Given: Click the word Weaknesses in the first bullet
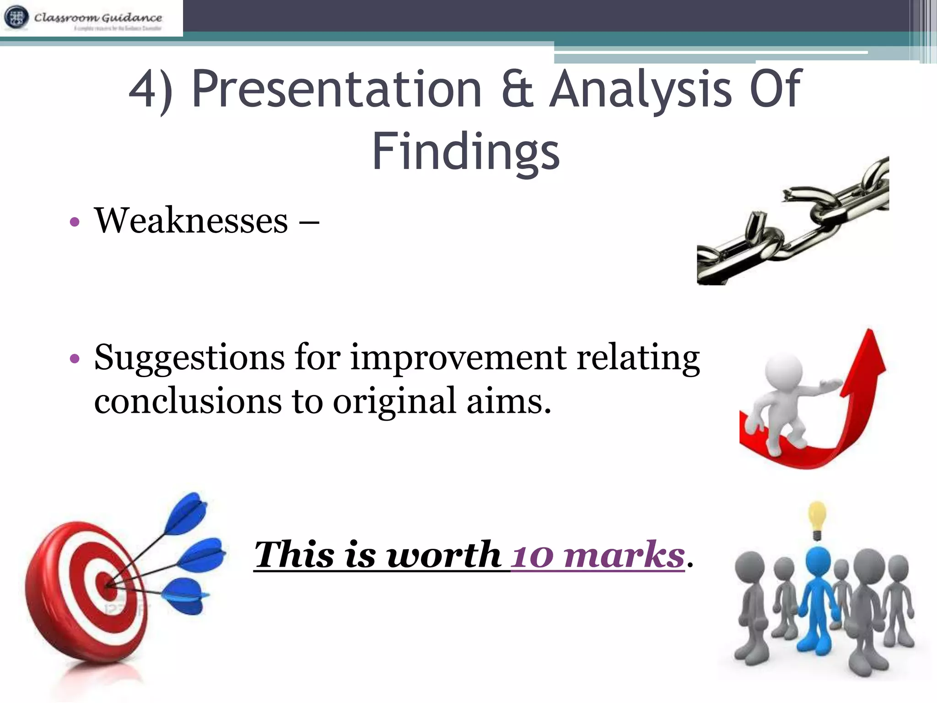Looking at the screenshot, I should (x=191, y=221).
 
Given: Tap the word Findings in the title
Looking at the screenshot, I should (x=466, y=151).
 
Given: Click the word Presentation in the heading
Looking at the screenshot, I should (x=337, y=89).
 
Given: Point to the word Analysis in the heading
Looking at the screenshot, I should (x=641, y=89).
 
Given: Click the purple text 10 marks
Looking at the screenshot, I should (x=598, y=555).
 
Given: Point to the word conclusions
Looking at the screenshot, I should (x=188, y=401).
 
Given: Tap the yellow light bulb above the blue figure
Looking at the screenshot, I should (x=817, y=517).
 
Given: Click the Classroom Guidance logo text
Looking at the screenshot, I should (x=98, y=17).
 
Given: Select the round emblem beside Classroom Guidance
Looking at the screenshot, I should (x=16, y=17).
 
